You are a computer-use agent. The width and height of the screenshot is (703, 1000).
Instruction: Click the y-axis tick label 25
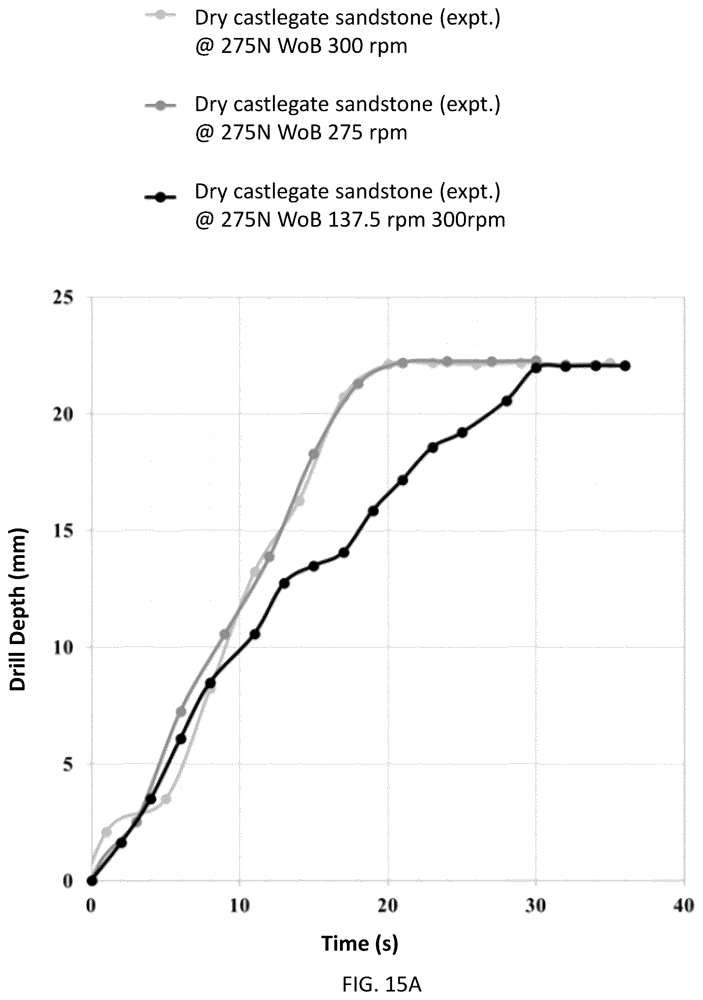click(x=63, y=298)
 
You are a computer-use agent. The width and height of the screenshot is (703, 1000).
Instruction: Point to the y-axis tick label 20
click(x=63, y=415)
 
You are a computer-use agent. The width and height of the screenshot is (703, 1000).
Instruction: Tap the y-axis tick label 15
click(x=63, y=531)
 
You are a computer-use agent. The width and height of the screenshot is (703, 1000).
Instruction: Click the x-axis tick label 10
click(x=239, y=906)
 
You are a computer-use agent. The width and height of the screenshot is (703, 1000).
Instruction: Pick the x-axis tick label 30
click(x=535, y=906)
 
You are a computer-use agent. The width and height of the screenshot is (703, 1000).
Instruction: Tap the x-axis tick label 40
click(x=683, y=906)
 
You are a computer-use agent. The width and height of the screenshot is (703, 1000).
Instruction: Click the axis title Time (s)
click(x=359, y=944)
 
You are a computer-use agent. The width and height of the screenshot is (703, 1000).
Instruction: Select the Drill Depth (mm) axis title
click(x=18, y=609)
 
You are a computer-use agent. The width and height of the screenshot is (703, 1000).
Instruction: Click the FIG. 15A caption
click(x=382, y=984)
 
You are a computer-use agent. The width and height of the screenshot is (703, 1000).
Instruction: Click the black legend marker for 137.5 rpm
click(x=161, y=197)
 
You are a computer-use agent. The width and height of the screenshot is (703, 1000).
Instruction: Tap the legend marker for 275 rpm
click(x=161, y=106)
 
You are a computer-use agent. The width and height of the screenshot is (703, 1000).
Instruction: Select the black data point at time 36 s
click(x=625, y=366)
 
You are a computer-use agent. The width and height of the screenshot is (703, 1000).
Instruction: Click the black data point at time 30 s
click(x=536, y=368)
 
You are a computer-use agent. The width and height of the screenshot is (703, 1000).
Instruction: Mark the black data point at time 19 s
click(x=373, y=510)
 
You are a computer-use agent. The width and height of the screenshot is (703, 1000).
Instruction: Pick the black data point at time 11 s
click(x=255, y=634)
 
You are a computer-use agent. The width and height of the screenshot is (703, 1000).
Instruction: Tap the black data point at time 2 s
click(x=122, y=843)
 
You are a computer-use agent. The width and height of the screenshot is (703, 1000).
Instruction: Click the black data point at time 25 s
click(x=462, y=432)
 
